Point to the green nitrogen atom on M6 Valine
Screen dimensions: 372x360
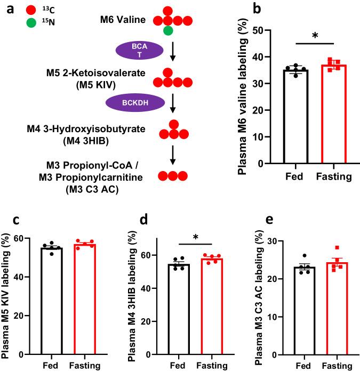pos(168,31)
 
